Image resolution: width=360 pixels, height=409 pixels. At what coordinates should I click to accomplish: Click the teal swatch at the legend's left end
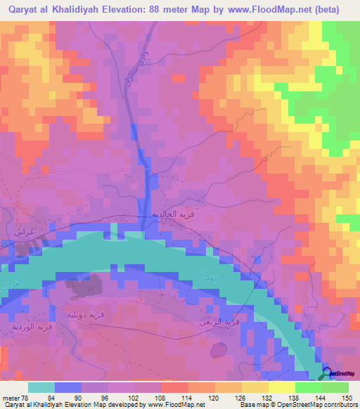click(x=41, y=387)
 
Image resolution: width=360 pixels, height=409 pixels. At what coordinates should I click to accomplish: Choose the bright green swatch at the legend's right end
click(x=335, y=387)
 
